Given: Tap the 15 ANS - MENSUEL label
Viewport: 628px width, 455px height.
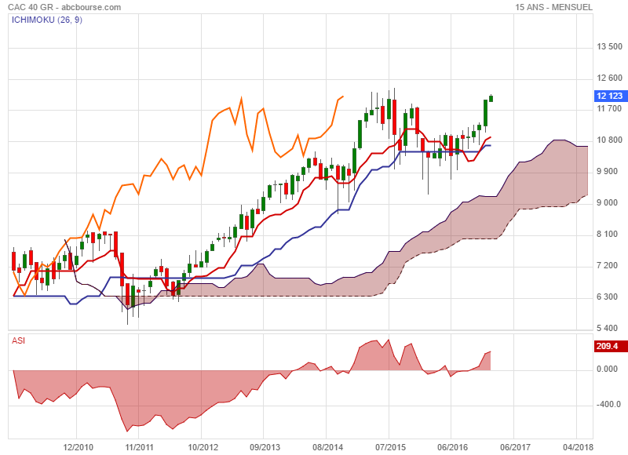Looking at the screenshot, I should coord(553,7).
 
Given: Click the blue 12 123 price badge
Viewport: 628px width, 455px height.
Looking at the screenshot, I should coord(610,96).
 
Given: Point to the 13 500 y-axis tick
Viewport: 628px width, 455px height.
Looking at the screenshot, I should coord(609,47).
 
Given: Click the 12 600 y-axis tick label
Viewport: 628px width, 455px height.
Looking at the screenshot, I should coord(609,78).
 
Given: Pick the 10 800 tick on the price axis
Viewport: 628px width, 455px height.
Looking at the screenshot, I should coord(609,140).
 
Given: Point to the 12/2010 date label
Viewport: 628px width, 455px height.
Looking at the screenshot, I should coord(78,447).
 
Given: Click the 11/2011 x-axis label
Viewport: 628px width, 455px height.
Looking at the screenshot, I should coord(140,447).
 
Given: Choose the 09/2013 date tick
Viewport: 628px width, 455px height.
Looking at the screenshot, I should coord(265,447).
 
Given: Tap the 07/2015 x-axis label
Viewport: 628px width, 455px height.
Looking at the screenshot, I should coord(389,447).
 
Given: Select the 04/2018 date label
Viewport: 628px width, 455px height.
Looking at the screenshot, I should coord(577,447).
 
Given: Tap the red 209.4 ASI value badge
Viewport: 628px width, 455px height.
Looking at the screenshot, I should coord(608,346).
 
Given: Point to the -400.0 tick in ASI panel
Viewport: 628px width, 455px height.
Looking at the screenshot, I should coord(608,405).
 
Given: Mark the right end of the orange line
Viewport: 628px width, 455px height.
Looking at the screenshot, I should coord(343,96).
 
